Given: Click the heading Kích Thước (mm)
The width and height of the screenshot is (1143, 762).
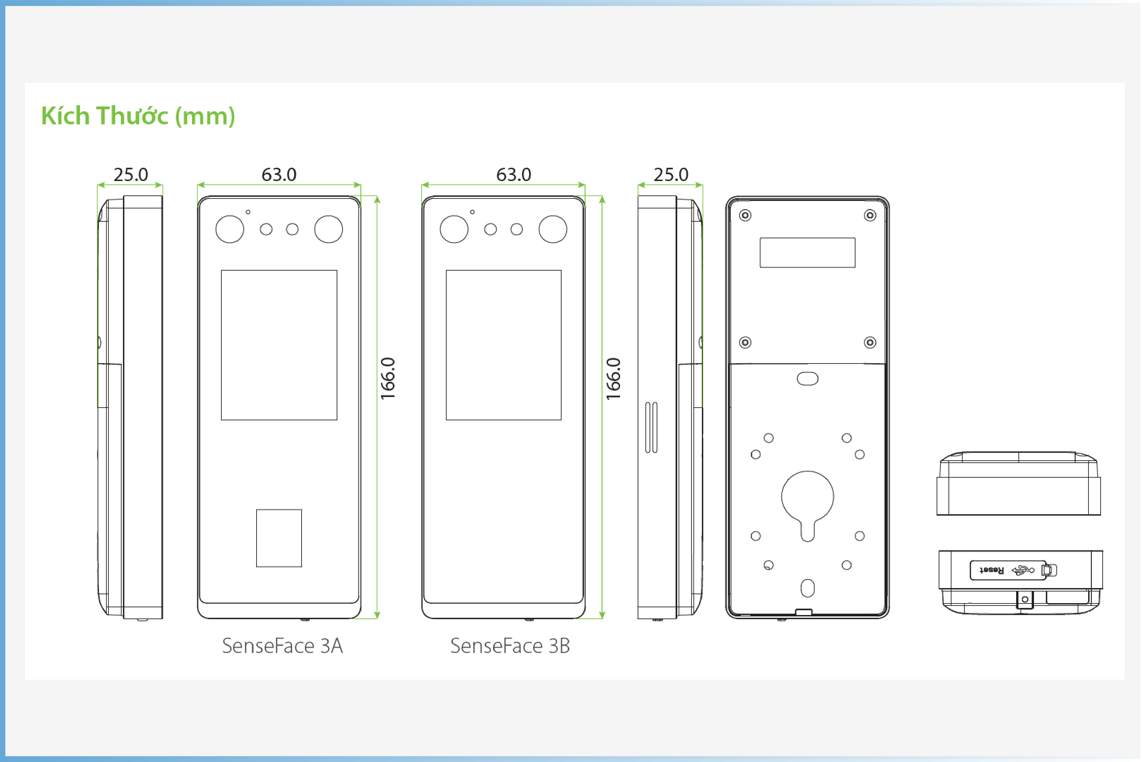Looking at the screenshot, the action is pyautogui.click(x=138, y=116).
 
